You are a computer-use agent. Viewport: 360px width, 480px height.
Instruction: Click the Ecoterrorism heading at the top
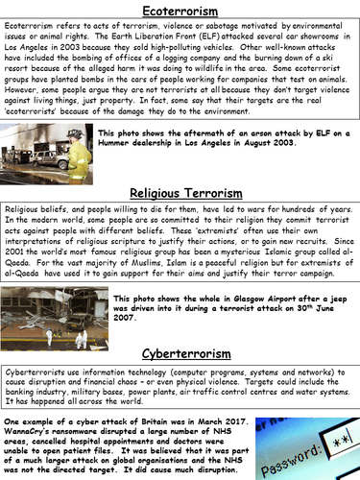[x=180, y=10]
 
